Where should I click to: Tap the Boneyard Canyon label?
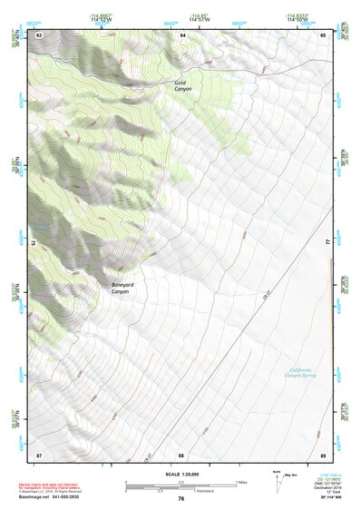pyautogui.click(x=124, y=287)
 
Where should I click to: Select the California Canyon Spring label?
pyautogui.click(x=306, y=372)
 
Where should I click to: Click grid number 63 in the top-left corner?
pyautogui.click(x=39, y=35)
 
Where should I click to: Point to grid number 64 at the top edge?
pyautogui.click(x=181, y=35)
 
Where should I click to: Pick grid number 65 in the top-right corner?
pyautogui.click(x=323, y=35)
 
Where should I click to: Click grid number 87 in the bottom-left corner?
pyautogui.click(x=39, y=454)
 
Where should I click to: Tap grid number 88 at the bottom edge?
pyautogui.click(x=181, y=454)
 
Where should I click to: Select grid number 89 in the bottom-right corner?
pyautogui.click(x=323, y=454)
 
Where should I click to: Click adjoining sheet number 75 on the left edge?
pyautogui.click(x=34, y=243)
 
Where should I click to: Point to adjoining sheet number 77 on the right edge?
pyautogui.click(x=328, y=243)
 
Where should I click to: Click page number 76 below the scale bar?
pyautogui.click(x=181, y=499)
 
